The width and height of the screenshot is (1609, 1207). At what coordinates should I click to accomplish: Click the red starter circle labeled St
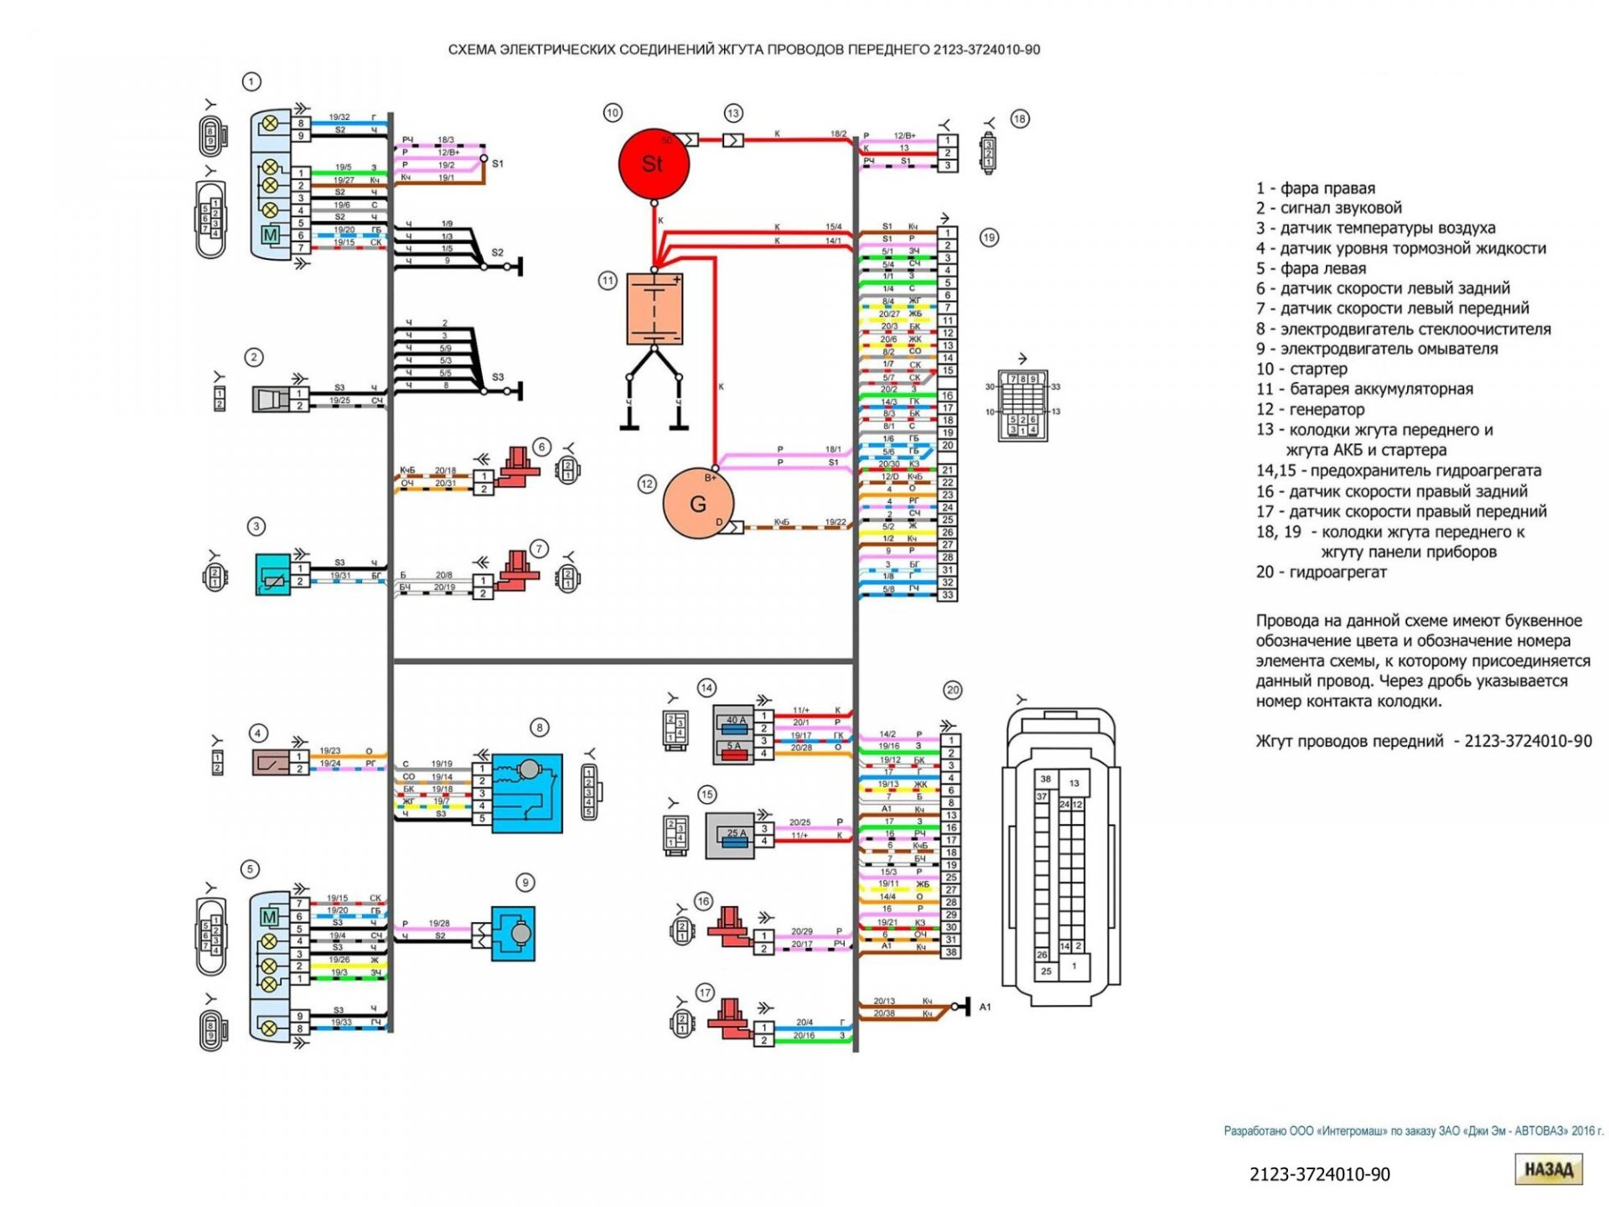pyautogui.click(x=654, y=163)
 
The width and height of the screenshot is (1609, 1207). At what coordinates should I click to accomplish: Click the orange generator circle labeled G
pyautogui.click(x=698, y=504)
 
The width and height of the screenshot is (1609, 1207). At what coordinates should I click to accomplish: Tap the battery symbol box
pyautogui.click(x=654, y=308)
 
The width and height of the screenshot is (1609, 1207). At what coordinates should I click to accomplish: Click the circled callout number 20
pyautogui.click(x=953, y=691)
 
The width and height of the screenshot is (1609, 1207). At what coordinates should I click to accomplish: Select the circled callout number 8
pyautogui.click(x=540, y=728)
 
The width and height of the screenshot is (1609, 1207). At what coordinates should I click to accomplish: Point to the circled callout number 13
pyautogui.click(x=733, y=113)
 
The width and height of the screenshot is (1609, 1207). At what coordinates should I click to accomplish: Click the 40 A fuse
pyautogui.click(x=736, y=720)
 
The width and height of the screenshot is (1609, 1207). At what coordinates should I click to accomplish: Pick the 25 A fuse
pyautogui.click(x=737, y=834)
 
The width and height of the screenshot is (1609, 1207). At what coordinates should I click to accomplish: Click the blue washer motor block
pyautogui.click(x=512, y=933)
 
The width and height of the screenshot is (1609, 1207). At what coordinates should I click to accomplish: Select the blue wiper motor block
pyautogui.click(x=527, y=793)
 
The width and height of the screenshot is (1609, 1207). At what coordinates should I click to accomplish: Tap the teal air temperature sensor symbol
pyautogui.click(x=273, y=575)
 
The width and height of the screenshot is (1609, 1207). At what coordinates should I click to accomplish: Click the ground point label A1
pyautogui.click(x=986, y=1007)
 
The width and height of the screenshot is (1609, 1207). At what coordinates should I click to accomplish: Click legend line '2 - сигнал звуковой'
pyautogui.click(x=1328, y=208)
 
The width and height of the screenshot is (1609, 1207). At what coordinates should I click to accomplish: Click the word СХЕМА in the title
pyautogui.click(x=472, y=50)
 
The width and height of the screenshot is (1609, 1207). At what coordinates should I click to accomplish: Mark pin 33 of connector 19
pyautogui.click(x=948, y=595)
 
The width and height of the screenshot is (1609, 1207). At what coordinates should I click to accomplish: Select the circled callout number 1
pyautogui.click(x=251, y=81)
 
